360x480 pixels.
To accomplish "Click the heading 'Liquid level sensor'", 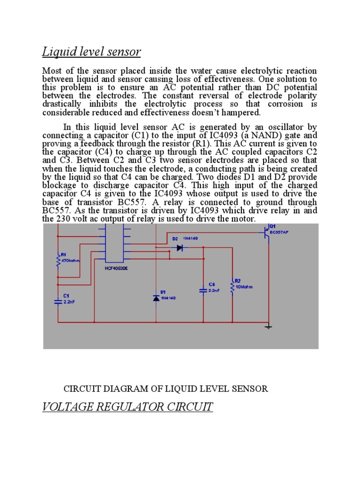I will (x=91, y=52).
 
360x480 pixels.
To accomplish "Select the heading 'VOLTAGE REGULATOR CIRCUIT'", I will (x=127, y=406).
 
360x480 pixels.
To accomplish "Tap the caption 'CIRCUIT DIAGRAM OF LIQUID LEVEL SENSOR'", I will (x=165, y=389).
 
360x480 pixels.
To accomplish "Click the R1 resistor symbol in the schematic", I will (x=58, y=262).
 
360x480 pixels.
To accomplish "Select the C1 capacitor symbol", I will (x=58, y=302).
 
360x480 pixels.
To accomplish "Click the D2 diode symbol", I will (x=180, y=248).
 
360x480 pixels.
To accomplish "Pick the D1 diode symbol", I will (x=156, y=298).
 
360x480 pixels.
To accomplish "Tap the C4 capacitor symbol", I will (x=203, y=291).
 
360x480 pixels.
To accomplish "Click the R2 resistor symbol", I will (x=232, y=286).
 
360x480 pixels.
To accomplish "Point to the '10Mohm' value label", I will (x=244, y=286).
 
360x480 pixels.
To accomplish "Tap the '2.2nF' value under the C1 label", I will (x=69, y=302).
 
